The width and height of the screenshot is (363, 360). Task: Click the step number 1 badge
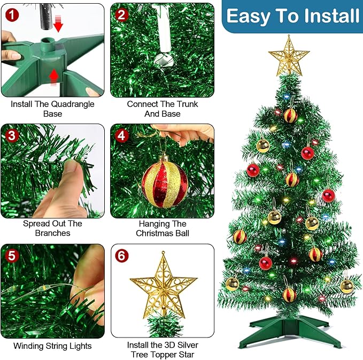[12, 14]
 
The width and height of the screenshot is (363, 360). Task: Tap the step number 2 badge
[122, 14]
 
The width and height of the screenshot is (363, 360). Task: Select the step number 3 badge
[12, 135]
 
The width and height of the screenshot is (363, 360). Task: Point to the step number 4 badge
[122, 135]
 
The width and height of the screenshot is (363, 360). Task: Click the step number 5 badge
[12, 255]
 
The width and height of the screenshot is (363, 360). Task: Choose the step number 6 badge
[122, 255]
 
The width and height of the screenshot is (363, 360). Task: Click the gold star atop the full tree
[289, 55]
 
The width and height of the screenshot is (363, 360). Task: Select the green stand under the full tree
[289, 324]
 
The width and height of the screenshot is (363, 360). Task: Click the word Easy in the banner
[250, 16]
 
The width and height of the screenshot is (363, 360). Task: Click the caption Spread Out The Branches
[52, 228]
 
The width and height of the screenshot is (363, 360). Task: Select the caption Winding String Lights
[52, 346]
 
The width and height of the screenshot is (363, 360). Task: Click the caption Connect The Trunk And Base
[162, 109]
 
